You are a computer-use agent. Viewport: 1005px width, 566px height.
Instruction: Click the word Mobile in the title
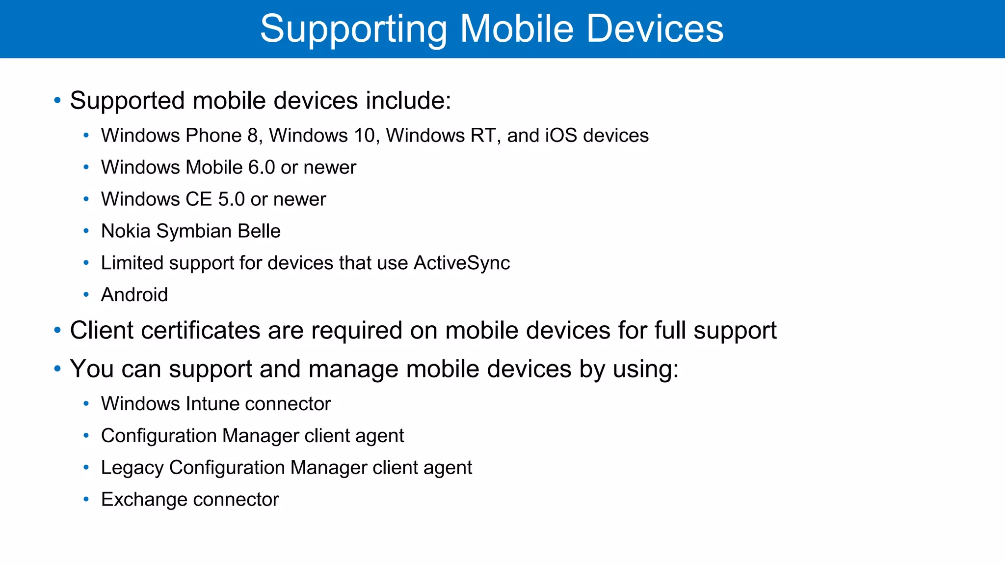click(517, 28)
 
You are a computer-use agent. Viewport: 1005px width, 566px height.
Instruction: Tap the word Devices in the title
click(655, 28)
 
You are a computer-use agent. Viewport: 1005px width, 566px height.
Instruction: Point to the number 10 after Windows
click(364, 136)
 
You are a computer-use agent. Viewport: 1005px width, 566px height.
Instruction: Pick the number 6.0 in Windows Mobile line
click(261, 168)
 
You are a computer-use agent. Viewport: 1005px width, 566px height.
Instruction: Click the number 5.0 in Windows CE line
click(231, 199)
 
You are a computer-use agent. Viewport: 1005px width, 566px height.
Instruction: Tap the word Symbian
click(194, 231)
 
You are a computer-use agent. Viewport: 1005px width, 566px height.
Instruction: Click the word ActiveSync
click(461, 263)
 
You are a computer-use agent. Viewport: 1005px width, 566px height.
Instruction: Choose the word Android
click(134, 295)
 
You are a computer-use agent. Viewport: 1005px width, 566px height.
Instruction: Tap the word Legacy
click(132, 468)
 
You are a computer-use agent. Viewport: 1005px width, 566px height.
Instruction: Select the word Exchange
click(136, 500)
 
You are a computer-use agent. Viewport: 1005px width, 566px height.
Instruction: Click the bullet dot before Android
click(86, 295)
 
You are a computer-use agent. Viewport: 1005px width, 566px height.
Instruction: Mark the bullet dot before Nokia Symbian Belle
click(86, 231)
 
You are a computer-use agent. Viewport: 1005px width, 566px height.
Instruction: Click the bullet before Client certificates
click(57, 330)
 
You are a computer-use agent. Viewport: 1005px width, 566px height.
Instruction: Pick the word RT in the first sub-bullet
click(482, 136)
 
